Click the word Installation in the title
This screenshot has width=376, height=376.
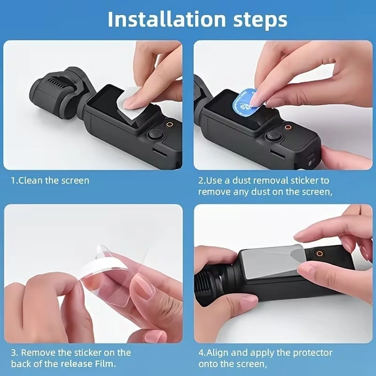click(159, 19)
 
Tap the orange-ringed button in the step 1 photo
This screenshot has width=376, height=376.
click(169, 125)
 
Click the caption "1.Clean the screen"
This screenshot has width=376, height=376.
click(50, 180)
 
